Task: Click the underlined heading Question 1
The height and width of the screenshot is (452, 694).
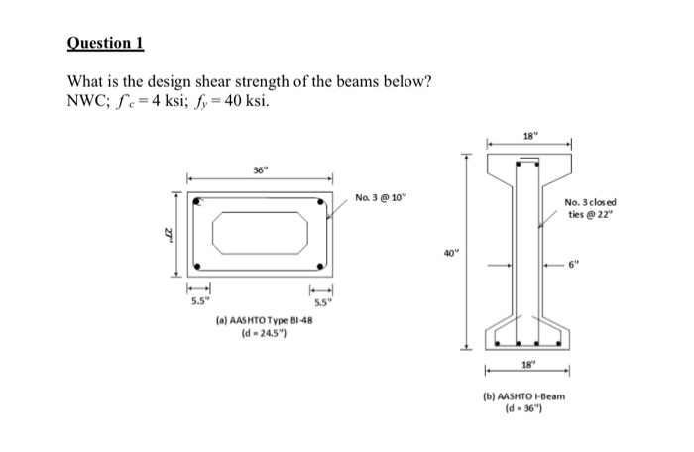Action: coord(105,43)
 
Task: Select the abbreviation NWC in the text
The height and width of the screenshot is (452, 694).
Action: coord(88,100)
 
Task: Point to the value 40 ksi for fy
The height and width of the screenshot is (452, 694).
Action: coord(249,100)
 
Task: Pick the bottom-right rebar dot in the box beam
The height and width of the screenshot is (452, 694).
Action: coord(321,266)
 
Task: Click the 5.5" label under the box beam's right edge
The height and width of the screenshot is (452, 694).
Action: coord(322,301)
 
